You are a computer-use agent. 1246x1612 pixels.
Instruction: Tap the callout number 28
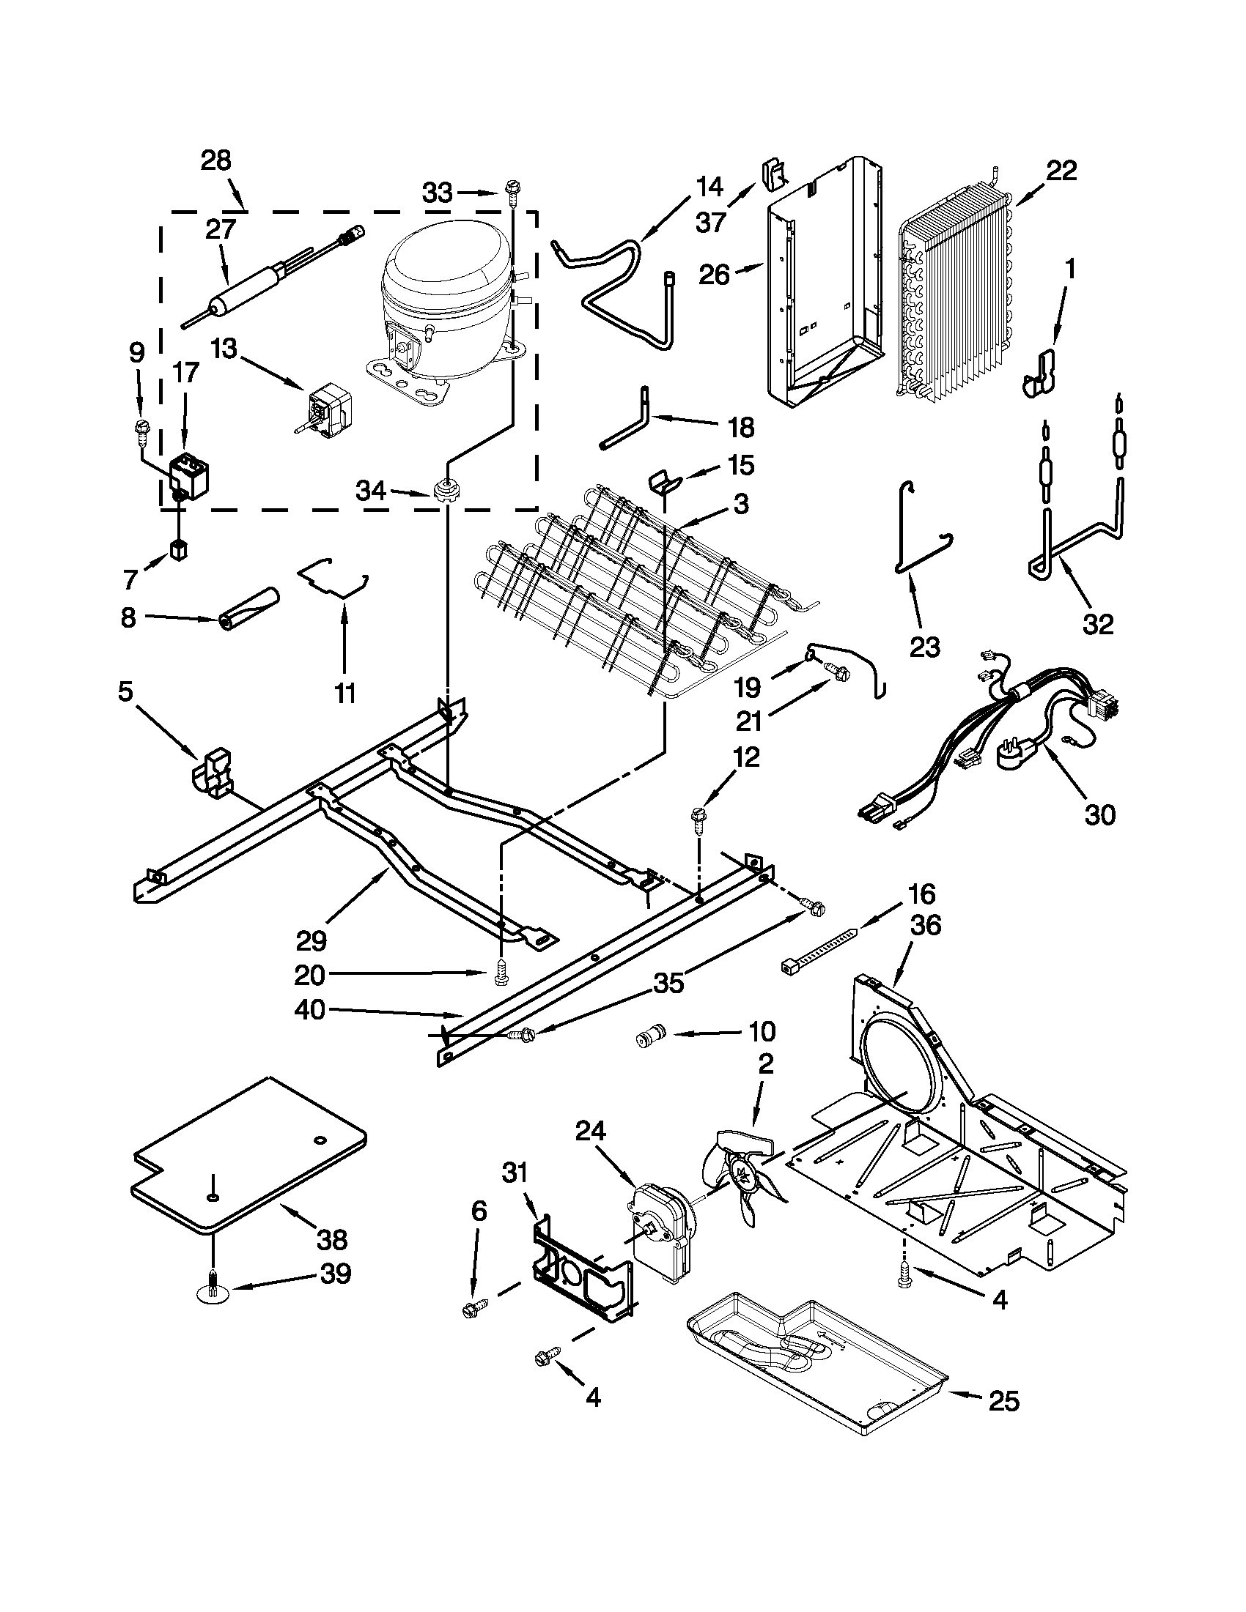coord(216,160)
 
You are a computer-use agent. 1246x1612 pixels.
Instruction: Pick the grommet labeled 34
coord(445,490)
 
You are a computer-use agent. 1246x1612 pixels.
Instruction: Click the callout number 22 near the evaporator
coord(1061,171)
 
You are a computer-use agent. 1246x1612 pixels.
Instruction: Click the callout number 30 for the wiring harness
coord(1099,815)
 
